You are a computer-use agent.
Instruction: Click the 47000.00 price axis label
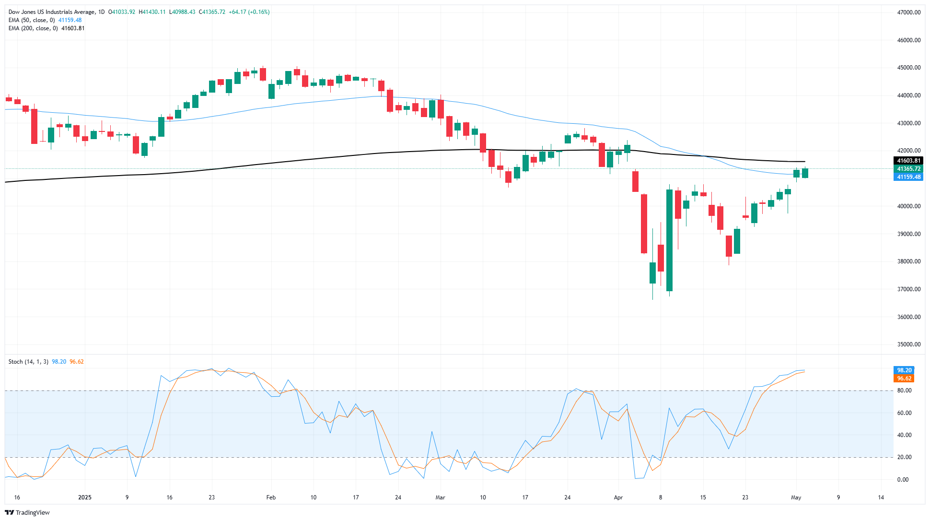[908, 12]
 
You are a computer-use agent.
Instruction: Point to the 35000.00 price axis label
[908, 344]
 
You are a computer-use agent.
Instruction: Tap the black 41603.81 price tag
[908, 161]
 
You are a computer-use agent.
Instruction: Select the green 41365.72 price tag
[908, 169]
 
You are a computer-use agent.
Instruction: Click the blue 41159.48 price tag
[908, 177]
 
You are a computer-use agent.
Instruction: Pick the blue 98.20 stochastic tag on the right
[904, 370]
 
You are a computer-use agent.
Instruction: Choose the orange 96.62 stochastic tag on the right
[904, 379]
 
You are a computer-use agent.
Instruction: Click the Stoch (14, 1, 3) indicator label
[28, 362]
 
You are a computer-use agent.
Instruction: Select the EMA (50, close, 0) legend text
[32, 20]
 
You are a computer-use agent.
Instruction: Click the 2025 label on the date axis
[85, 497]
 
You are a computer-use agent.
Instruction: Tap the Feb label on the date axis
[271, 497]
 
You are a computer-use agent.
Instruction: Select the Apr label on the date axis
[618, 497]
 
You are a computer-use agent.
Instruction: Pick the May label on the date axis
[796, 497]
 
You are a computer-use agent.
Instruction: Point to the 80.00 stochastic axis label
[904, 391]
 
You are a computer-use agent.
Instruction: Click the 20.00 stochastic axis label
[904, 457]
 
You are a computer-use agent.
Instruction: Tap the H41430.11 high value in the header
[152, 12]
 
